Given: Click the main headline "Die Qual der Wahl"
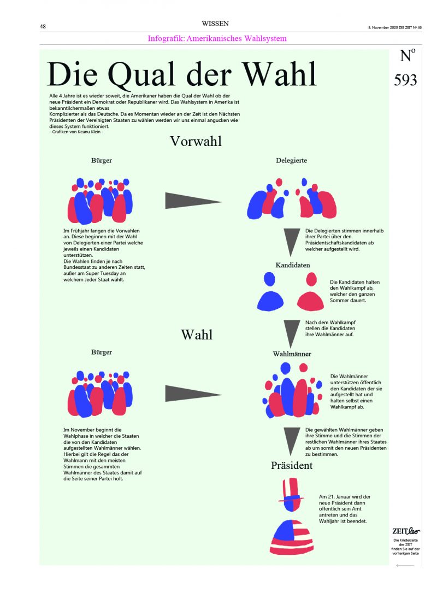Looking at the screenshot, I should pyautogui.click(x=182, y=75).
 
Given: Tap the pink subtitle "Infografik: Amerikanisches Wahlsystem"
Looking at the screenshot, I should pyautogui.click(x=217, y=38).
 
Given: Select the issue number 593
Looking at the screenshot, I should pyautogui.click(x=405, y=80).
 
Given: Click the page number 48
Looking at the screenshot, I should pyautogui.click(x=43, y=26).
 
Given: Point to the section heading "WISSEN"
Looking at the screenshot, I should pyautogui.click(x=215, y=24).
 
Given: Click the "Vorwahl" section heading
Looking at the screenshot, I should pyautogui.click(x=196, y=141).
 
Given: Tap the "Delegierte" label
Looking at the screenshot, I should pyautogui.click(x=291, y=161).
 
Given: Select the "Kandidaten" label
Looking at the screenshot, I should pyautogui.click(x=293, y=265).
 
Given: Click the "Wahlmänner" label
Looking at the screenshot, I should pyautogui.click(x=292, y=354).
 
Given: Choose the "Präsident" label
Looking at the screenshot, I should pyautogui.click(x=292, y=466).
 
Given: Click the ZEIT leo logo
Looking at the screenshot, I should pyautogui.click(x=406, y=531).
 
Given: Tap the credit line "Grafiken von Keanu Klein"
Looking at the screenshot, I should pyautogui.click(x=76, y=132).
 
